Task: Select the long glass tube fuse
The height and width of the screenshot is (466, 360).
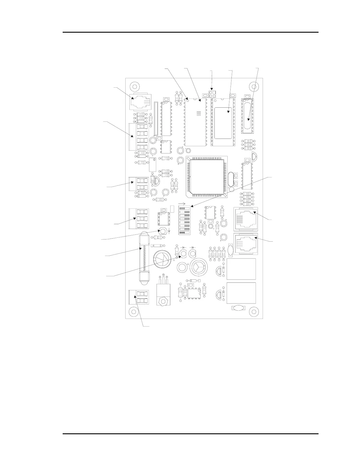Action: (x=143, y=259)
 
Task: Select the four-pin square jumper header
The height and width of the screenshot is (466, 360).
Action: (x=212, y=94)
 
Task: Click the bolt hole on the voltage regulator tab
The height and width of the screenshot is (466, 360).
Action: (x=161, y=301)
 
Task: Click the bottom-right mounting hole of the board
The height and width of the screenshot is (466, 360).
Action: (x=253, y=312)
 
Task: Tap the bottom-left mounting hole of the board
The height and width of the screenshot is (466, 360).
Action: (x=134, y=312)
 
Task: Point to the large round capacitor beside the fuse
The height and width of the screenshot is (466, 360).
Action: (x=162, y=259)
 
